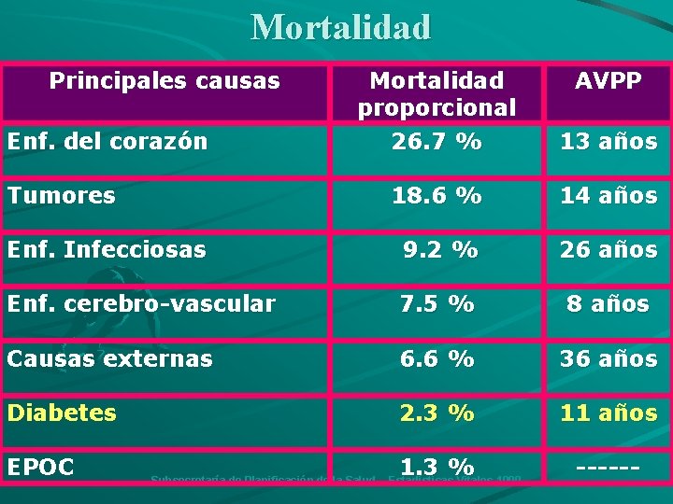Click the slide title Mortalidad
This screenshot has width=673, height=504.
pyautogui.click(x=341, y=26)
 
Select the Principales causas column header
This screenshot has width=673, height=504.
pyautogui.click(x=165, y=81)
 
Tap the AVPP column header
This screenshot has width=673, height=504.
pyautogui.click(x=608, y=81)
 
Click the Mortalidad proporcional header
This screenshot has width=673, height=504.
pyautogui.click(x=437, y=94)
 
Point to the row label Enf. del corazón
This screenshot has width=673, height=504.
pyautogui.click(x=106, y=142)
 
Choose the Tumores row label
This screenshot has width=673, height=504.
pyautogui.click(x=61, y=196)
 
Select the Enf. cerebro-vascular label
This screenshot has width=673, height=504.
pyautogui.click(x=140, y=304)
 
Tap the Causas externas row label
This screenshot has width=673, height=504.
pyautogui.click(x=109, y=358)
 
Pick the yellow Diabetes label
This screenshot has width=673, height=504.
pyautogui.click(x=61, y=413)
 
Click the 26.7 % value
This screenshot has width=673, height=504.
pyautogui.click(x=437, y=142)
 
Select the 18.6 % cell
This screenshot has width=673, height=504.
pyautogui.click(x=437, y=196)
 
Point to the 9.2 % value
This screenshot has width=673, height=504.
pyautogui.click(x=440, y=250)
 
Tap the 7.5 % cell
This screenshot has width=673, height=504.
pyautogui.click(x=437, y=304)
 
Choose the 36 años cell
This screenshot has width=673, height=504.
pyautogui.click(x=608, y=358)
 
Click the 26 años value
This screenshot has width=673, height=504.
pyautogui.click(x=608, y=250)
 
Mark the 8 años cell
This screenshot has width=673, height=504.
pyautogui.click(x=608, y=304)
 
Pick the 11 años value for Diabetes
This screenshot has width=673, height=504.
pyautogui.click(x=608, y=413)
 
